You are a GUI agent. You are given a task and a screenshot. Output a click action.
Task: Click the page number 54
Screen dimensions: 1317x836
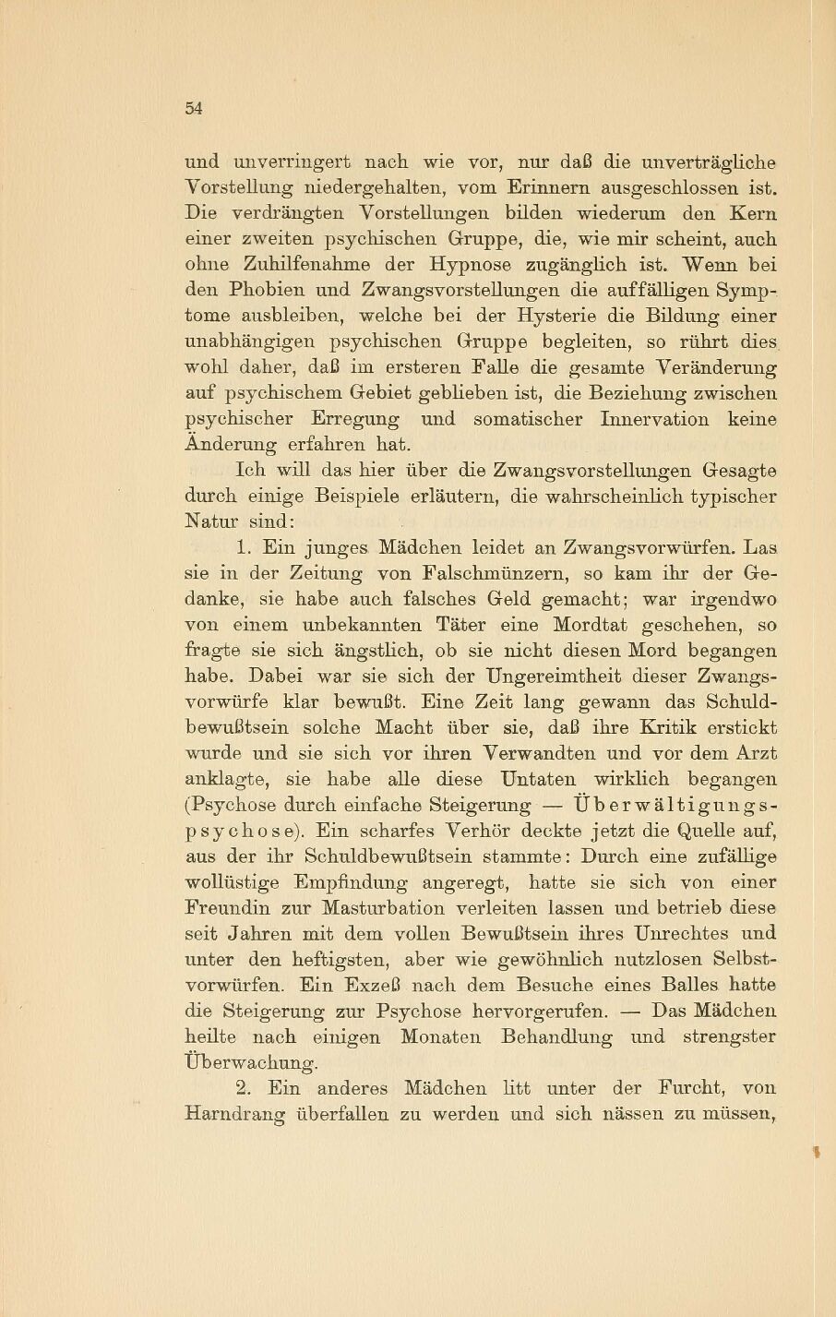tap(193, 108)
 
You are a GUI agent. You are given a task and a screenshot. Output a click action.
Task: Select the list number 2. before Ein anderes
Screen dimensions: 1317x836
tap(245, 1088)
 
